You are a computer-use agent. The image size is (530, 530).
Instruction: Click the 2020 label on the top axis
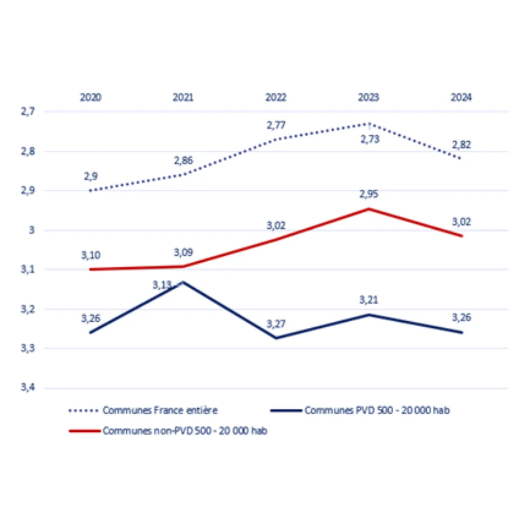(x=91, y=97)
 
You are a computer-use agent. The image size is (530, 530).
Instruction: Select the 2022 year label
(x=276, y=97)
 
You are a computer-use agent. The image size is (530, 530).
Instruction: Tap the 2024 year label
(x=461, y=97)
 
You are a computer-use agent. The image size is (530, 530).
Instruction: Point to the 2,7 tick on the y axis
(x=28, y=112)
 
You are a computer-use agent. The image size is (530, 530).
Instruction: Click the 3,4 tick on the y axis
(x=28, y=387)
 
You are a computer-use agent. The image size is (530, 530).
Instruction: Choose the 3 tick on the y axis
(x=32, y=230)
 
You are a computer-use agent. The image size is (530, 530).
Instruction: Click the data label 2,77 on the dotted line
(x=276, y=125)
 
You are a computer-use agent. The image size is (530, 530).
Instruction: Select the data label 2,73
(x=370, y=139)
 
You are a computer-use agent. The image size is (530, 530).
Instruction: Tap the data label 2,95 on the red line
(x=369, y=194)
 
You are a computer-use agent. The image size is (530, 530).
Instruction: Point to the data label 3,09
(x=183, y=252)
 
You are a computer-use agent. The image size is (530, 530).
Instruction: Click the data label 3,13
(x=162, y=285)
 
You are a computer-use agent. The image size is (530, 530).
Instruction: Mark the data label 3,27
(x=276, y=324)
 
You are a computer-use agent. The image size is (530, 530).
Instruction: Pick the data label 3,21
(x=369, y=300)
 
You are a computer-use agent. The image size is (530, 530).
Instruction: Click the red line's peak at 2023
(x=369, y=209)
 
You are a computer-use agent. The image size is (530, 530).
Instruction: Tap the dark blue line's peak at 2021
(x=183, y=282)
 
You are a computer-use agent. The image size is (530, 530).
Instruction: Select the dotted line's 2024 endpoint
(x=460, y=159)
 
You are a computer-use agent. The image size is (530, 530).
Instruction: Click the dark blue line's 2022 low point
(x=276, y=338)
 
